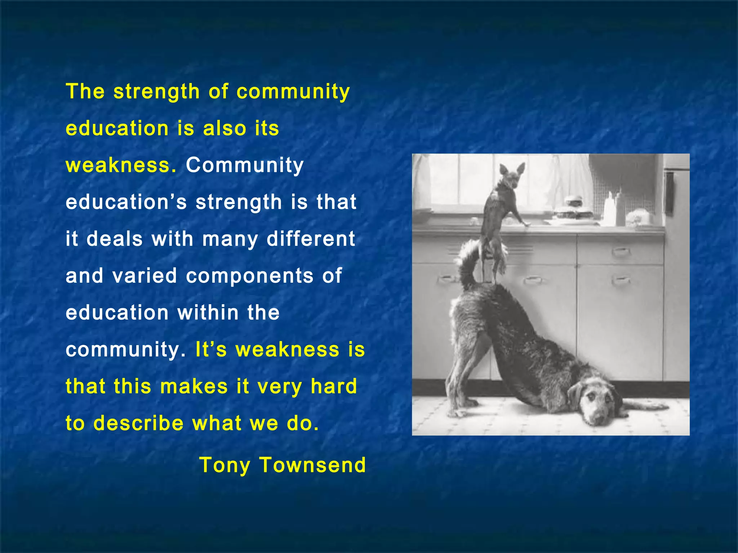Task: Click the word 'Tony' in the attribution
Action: click(x=224, y=465)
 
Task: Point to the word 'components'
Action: click(x=250, y=276)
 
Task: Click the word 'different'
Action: click(x=311, y=239)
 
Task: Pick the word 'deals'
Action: click(x=115, y=239)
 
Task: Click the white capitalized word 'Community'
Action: click(x=245, y=166)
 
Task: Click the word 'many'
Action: click(x=230, y=239)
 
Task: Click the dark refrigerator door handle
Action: click(x=669, y=193)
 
